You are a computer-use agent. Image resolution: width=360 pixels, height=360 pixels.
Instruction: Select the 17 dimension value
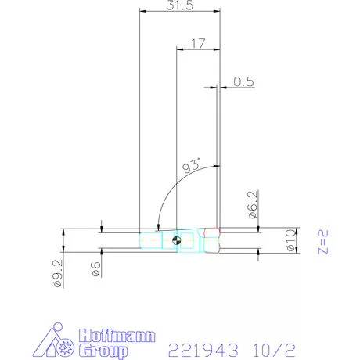199,45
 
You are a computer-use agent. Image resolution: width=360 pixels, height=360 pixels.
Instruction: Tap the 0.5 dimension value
246,81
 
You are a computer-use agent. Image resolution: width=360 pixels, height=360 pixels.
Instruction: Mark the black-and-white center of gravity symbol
178,240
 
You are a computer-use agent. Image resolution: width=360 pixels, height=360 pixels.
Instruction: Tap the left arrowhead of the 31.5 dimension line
142,12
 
